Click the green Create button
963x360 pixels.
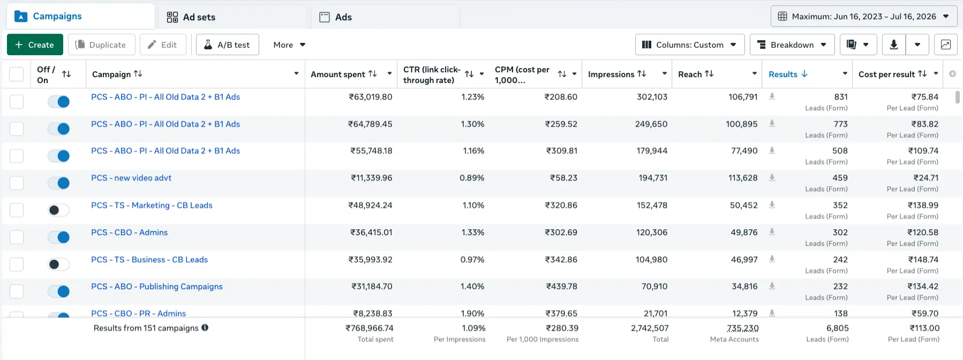click(x=35, y=44)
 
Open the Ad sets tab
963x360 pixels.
click(x=191, y=17)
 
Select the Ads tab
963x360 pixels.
click(x=336, y=17)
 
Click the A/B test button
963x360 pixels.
click(x=228, y=44)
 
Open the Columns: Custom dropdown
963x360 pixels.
click(x=690, y=44)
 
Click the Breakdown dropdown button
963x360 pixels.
click(x=792, y=44)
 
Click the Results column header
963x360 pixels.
click(x=788, y=74)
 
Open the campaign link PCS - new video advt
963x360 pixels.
click(x=131, y=178)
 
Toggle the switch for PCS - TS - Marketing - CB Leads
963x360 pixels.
click(x=58, y=210)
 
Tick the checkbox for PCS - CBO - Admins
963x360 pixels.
click(x=17, y=237)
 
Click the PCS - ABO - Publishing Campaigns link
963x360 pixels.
click(x=157, y=287)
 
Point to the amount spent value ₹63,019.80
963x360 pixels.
click(x=371, y=97)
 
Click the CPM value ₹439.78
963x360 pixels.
click(x=561, y=287)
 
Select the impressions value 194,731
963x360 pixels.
click(x=653, y=178)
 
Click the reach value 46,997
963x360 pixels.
click(x=744, y=260)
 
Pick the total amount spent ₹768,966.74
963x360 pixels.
click(x=370, y=328)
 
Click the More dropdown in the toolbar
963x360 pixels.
click(x=289, y=45)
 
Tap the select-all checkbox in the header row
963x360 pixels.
click(x=17, y=74)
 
